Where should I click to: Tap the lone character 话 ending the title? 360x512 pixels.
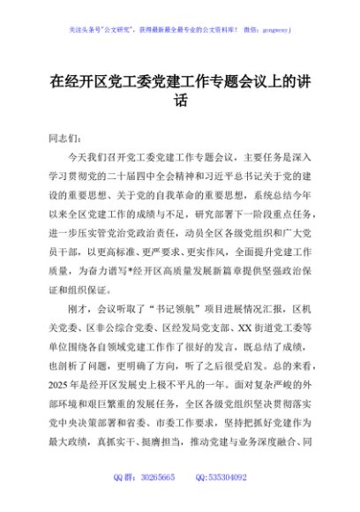click(180, 101)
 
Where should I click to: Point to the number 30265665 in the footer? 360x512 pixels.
click(157, 501)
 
